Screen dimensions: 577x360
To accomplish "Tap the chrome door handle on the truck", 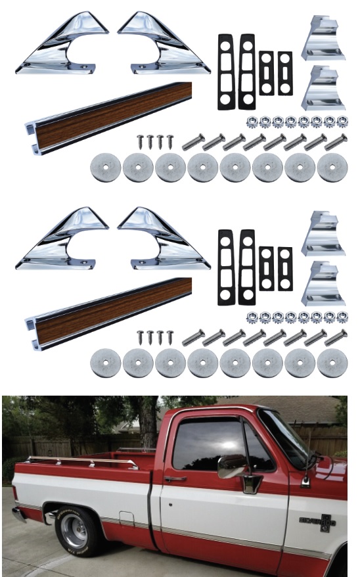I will [175, 479].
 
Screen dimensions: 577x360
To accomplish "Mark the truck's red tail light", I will [14, 493].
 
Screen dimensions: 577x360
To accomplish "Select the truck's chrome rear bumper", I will [18, 514].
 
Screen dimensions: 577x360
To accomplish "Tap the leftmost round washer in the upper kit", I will [105, 168].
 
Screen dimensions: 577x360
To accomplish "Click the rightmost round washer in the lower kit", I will [332, 363].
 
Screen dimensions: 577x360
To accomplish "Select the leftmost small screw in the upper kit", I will [141, 141].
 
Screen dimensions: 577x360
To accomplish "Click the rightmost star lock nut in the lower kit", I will [342, 317].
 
